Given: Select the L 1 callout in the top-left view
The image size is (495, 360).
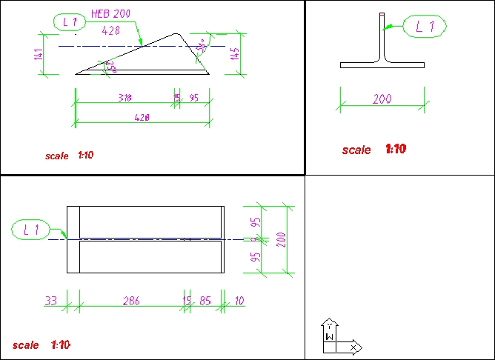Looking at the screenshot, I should [x=70, y=22].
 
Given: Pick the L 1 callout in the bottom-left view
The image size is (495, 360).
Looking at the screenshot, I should [x=31, y=230].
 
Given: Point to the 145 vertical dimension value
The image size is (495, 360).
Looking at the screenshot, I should [x=235, y=53].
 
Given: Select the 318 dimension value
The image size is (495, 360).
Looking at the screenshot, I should [x=125, y=97].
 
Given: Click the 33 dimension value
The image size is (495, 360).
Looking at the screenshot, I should [x=51, y=300].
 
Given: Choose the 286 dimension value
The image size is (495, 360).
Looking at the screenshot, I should [x=131, y=300].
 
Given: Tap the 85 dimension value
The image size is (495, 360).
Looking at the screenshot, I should [x=205, y=300].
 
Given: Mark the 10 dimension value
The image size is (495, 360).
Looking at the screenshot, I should [x=239, y=300].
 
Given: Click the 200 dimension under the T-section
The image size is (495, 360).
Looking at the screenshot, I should [x=382, y=99].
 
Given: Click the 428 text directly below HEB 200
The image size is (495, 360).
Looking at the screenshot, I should [x=111, y=30].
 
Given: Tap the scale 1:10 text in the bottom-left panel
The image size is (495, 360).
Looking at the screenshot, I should [x=41, y=345].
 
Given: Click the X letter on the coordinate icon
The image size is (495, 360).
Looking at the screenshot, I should [x=354, y=346].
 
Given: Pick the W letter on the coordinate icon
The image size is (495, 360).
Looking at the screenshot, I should [x=330, y=337].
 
